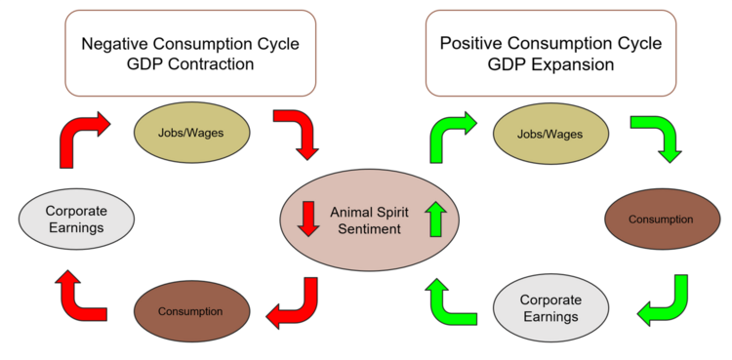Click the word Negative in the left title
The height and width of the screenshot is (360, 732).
(116, 44)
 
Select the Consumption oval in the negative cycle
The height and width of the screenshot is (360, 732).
(191, 311)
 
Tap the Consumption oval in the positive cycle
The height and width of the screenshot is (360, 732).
(661, 219)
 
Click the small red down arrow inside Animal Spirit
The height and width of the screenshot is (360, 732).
(308, 219)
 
